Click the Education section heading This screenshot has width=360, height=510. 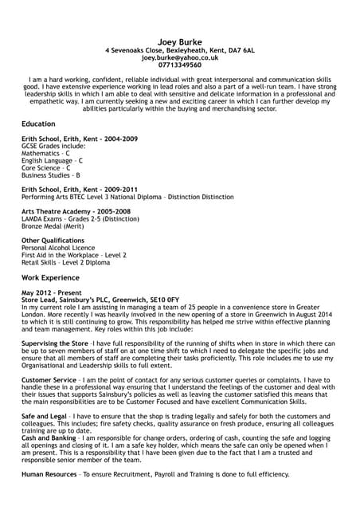(x=38, y=124)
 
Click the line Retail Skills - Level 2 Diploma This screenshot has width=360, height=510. (x=65, y=261)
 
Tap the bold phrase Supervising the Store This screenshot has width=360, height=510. (x=55, y=343)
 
